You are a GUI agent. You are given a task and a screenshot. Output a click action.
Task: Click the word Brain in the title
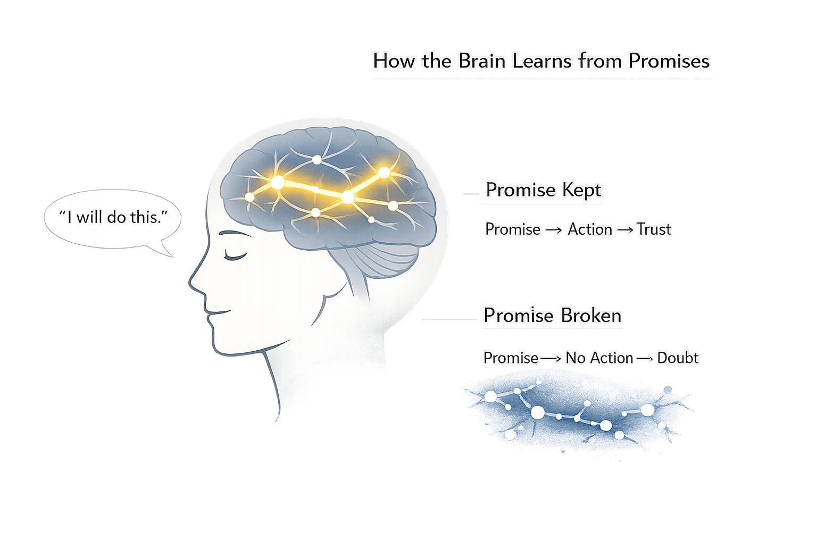(481, 61)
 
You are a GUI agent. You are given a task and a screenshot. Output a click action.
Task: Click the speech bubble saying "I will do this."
(113, 218)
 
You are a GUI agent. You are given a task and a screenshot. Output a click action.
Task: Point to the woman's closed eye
(235, 257)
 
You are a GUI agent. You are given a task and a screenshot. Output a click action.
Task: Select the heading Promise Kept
(543, 190)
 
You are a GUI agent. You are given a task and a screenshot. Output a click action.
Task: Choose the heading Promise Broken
(552, 316)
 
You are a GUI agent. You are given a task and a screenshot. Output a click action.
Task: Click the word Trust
(654, 229)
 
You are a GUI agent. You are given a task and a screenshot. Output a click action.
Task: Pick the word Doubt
(678, 358)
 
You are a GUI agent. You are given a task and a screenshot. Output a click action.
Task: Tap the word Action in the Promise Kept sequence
(590, 229)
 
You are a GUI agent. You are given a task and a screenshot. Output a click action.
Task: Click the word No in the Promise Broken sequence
(575, 358)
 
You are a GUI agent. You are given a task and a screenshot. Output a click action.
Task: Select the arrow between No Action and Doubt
(645, 359)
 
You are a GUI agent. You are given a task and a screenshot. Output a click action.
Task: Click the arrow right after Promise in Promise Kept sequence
(554, 230)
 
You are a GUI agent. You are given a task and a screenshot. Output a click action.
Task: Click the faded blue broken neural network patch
(577, 412)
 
